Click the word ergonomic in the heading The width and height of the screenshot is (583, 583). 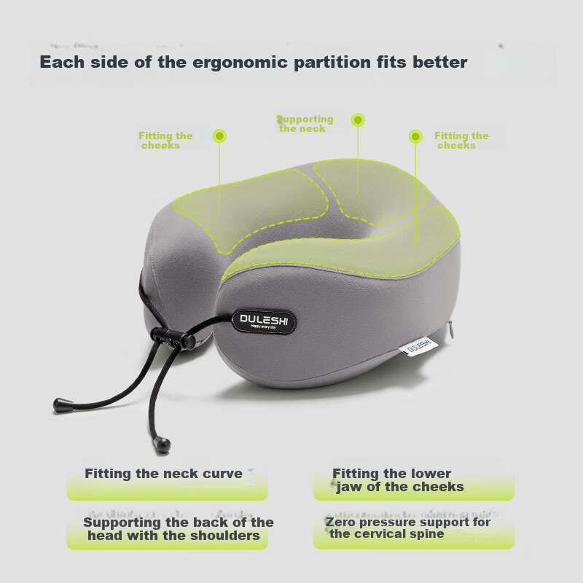click(240, 63)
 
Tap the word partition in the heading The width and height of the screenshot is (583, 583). click(332, 62)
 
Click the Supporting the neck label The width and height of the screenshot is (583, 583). click(305, 124)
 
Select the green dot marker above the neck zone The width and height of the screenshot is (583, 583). click(358, 120)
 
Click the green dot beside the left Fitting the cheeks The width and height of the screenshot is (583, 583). click(219, 136)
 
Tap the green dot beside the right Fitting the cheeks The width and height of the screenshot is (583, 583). click(415, 136)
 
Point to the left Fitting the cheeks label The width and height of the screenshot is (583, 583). click(165, 141)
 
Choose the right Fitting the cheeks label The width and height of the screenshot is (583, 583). click(461, 141)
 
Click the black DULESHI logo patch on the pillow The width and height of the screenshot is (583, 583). click(264, 321)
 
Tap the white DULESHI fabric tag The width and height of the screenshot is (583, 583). click(418, 347)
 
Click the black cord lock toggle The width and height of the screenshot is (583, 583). click(173, 337)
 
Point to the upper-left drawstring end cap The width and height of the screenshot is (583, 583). click(63, 405)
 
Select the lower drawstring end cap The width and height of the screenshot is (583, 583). click(162, 445)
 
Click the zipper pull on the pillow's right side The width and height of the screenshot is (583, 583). click(450, 330)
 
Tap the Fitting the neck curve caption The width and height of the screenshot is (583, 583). click(163, 474)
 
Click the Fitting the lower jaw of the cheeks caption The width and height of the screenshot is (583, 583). click(398, 480)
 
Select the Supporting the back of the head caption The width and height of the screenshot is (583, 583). click(179, 529)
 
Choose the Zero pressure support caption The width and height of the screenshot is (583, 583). click(408, 528)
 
